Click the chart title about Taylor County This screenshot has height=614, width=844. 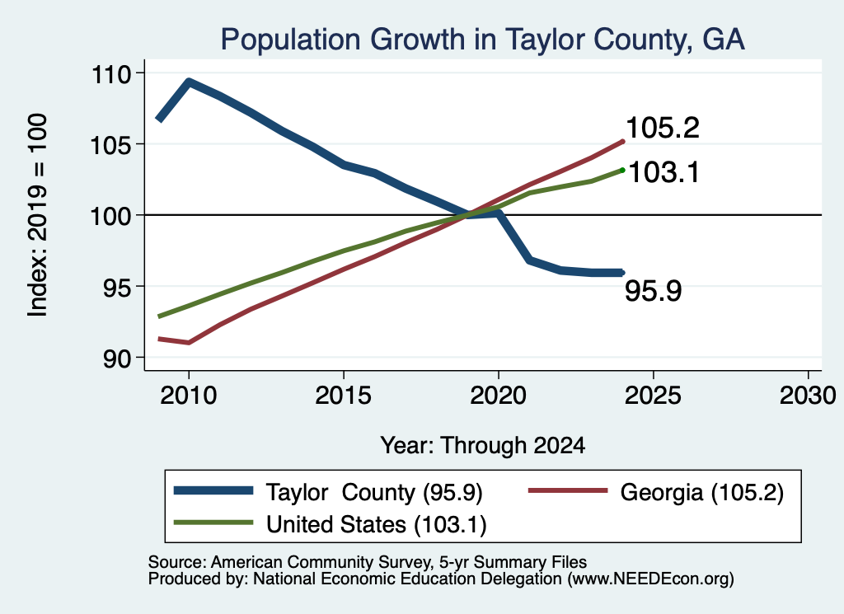[x=483, y=40]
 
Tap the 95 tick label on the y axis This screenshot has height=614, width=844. [x=117, y=288]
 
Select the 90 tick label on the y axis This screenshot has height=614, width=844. [x=117, y=359]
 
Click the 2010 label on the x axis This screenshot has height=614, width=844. [x=189, y=396]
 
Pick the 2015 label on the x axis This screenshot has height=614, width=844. [x=344, y=396]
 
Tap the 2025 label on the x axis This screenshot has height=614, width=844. [x=653, y=396]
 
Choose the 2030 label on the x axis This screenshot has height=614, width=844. [x=808, y=396]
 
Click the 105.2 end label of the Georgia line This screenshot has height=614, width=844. [x=663, y=128]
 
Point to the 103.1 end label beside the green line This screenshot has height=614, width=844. [x=663, y=173]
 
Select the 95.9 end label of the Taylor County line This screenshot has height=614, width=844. [x=653, y=291]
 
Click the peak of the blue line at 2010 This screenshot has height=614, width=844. [x=189, y=82]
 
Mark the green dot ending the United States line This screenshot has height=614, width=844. [x=622, y=170]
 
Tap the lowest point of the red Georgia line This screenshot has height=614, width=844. [x=189, y=342]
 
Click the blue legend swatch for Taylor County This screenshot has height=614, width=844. [x=213, y=490]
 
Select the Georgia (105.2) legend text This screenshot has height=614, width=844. [x=702, y=492]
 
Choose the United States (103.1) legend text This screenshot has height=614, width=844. [x=376, y=525]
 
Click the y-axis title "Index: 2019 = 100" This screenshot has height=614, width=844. [x=38, y=215]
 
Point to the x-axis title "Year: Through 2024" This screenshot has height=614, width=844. [x=483, y=446]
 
